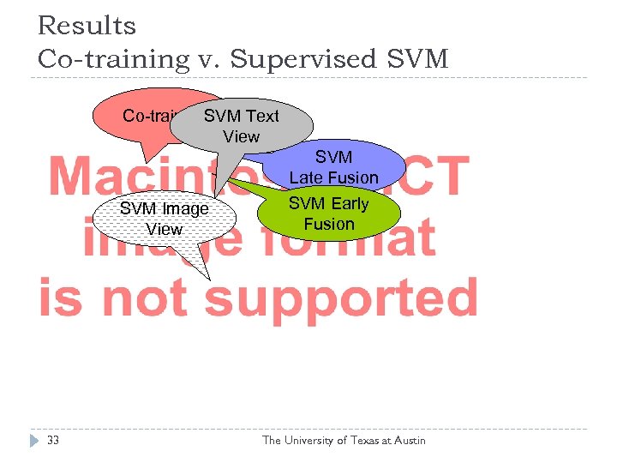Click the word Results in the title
tap(86, 26)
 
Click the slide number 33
tap(53, 441)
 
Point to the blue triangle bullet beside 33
tap(33, 441)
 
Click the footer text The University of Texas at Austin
tap(343, 441)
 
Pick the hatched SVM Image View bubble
tap(164, 219)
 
